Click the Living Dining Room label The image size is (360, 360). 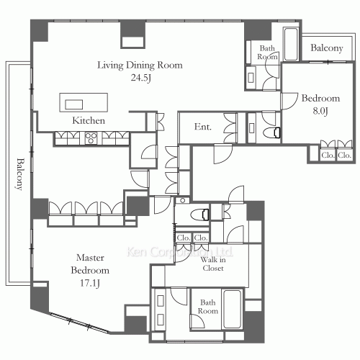coord(140,65)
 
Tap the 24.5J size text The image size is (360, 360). coord(141,78)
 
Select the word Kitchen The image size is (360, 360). coord(89,120)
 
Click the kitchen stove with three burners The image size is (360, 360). coord(91,138)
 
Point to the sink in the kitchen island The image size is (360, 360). coord(74,104)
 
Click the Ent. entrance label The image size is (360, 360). coord(203,127)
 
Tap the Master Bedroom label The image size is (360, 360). coord(90,264)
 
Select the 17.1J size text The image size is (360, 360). coord(90,283)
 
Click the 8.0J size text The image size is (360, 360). coord(320,111)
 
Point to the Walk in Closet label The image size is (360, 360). coord(213,264)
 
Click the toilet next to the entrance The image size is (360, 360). coord(272,132)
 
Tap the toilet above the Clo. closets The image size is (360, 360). coord(200,215)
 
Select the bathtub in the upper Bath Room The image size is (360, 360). coord(291,44)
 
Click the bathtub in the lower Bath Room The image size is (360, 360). coord(233,308)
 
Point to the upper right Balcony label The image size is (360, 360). coord(327,48)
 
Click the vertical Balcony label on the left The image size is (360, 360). coord(21,174)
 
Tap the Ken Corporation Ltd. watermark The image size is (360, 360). coord(180,252)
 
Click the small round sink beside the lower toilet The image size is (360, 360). coord(183,200)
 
